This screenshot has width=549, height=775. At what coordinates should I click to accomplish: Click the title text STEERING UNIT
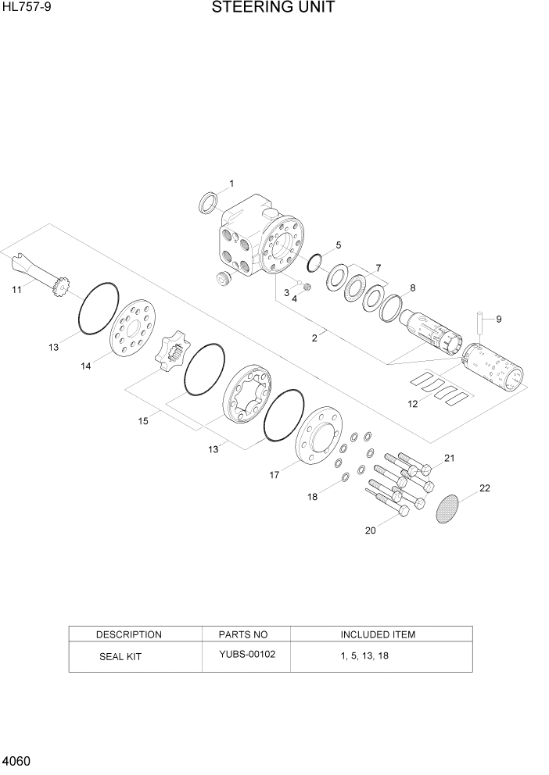point(274,9)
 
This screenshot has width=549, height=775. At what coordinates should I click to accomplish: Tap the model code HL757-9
point(27,8)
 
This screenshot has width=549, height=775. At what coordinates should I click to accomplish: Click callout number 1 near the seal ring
point(231,184)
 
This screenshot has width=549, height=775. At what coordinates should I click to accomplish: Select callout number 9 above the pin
point(498,318)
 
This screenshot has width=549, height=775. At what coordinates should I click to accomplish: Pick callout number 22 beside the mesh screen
point(485,488)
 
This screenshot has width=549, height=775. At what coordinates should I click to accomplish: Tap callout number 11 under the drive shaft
point(16,290)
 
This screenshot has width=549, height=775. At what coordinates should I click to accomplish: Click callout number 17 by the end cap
point(274,473)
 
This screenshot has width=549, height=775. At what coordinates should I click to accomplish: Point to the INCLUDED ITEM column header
point(378,634)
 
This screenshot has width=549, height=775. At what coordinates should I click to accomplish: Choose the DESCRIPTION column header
point(129,634)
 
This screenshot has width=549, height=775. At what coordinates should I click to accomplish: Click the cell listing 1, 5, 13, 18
point(364,655)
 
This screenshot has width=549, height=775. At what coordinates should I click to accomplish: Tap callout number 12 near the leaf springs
point(413,404)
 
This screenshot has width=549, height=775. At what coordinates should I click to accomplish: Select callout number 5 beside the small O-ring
point(338,245)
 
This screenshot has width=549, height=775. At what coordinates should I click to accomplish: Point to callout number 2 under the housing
point(314,338)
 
